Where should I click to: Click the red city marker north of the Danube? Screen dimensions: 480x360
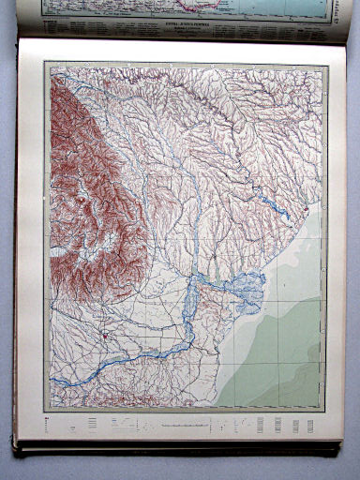pyautogui.click(x=107, y=332)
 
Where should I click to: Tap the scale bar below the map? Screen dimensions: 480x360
pyautogui.click(x=187, y=427)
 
